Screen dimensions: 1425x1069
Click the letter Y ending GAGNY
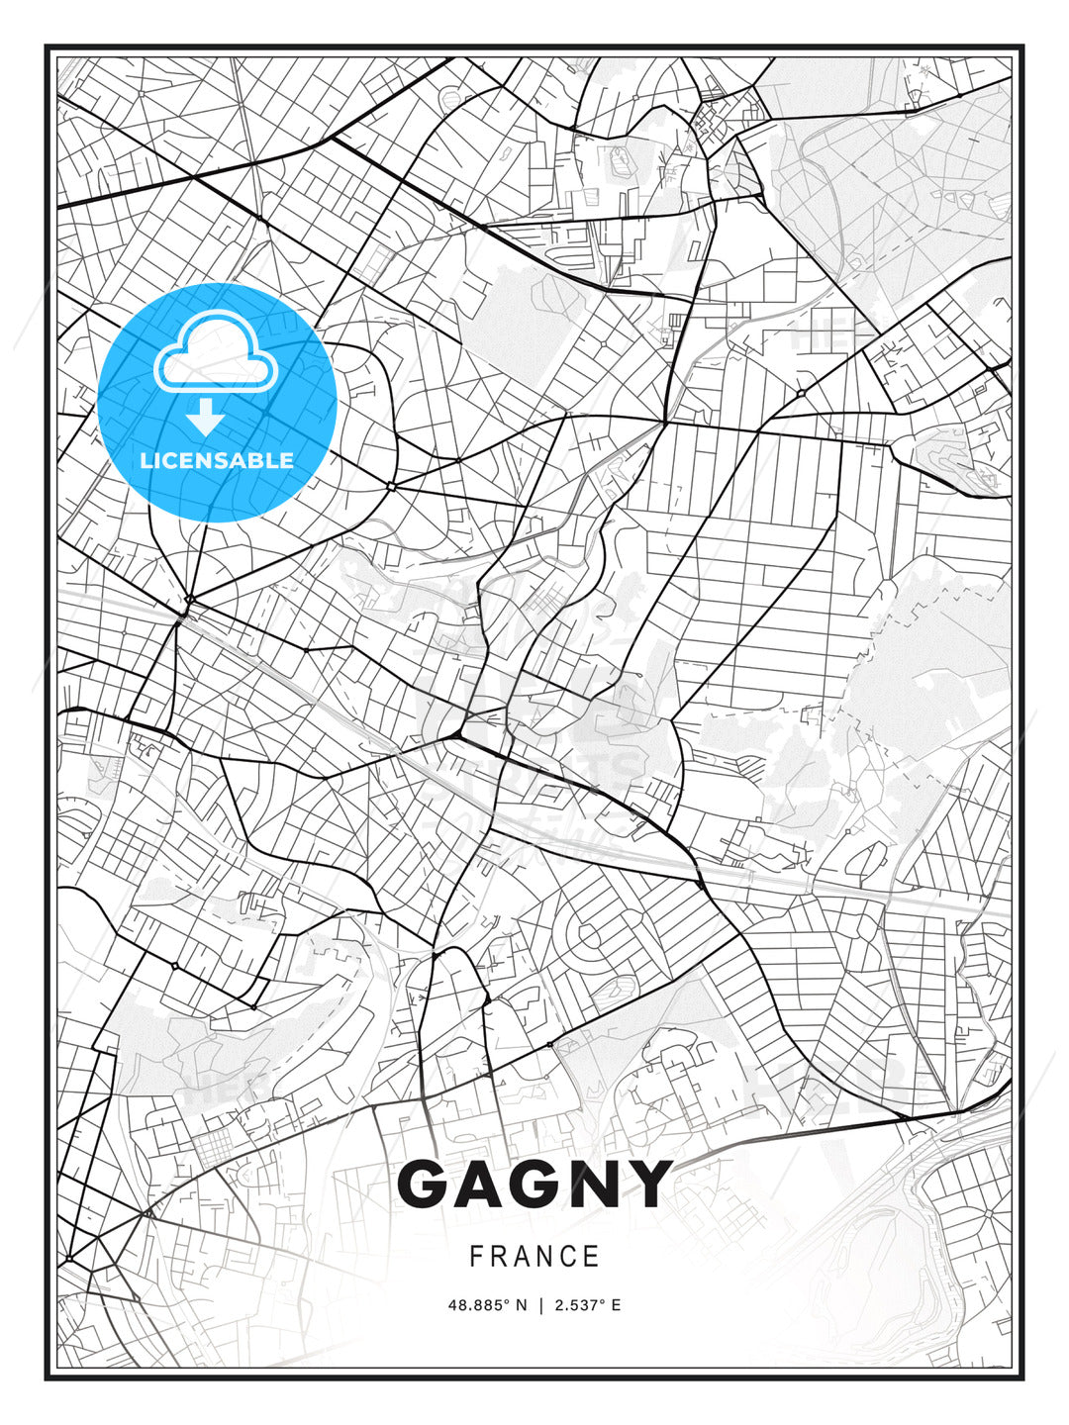tap(648, 1185)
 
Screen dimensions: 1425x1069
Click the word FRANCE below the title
tap(534, 1257)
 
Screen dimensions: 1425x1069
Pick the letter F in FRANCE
tap(476, 1257)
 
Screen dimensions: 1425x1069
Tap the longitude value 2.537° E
tap(588, 1305)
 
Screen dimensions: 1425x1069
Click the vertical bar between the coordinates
tap(540, 1305)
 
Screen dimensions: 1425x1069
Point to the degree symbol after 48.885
tap(507, 1302)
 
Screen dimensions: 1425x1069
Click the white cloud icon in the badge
tap(216, 353)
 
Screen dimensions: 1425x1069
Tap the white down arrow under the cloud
tap(206, 417)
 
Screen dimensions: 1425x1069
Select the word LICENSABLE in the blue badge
tap(217, 460)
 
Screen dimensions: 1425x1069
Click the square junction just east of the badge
tap(392, 486)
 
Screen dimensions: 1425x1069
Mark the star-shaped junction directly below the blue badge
tap(188, 600)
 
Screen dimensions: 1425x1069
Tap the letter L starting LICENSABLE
tap(146, 460)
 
